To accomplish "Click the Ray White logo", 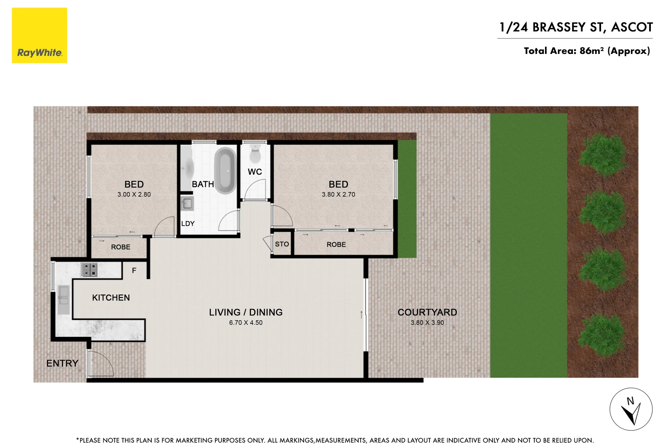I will [x=39, y=36].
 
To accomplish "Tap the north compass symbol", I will [x=631, y=409].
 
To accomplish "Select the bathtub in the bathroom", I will [x=225, y=170].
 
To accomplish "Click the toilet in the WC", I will [x=255, y=154].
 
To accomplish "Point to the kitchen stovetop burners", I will [x=89, y=270].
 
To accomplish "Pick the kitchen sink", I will [x=63, y=299].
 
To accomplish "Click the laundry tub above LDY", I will [x=187, y=203].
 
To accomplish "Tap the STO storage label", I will [x=282, y=244].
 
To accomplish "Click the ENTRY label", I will [x=62, y=363].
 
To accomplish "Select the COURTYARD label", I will [x=427, y=312].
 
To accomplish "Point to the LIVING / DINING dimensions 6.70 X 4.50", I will [x=246, y=323].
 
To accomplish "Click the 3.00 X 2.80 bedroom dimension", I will [x=134, y=195].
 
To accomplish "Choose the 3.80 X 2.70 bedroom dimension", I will [x=338, y=195].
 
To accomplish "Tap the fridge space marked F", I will [x=134, y=270].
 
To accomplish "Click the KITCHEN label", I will [x=111, y=298].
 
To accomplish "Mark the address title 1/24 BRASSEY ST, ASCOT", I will [x=576, y=27].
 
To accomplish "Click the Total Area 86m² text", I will [x=587, y=51].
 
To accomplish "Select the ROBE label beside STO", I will [x=336, y=245].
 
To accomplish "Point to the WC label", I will [x=255, y=172].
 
